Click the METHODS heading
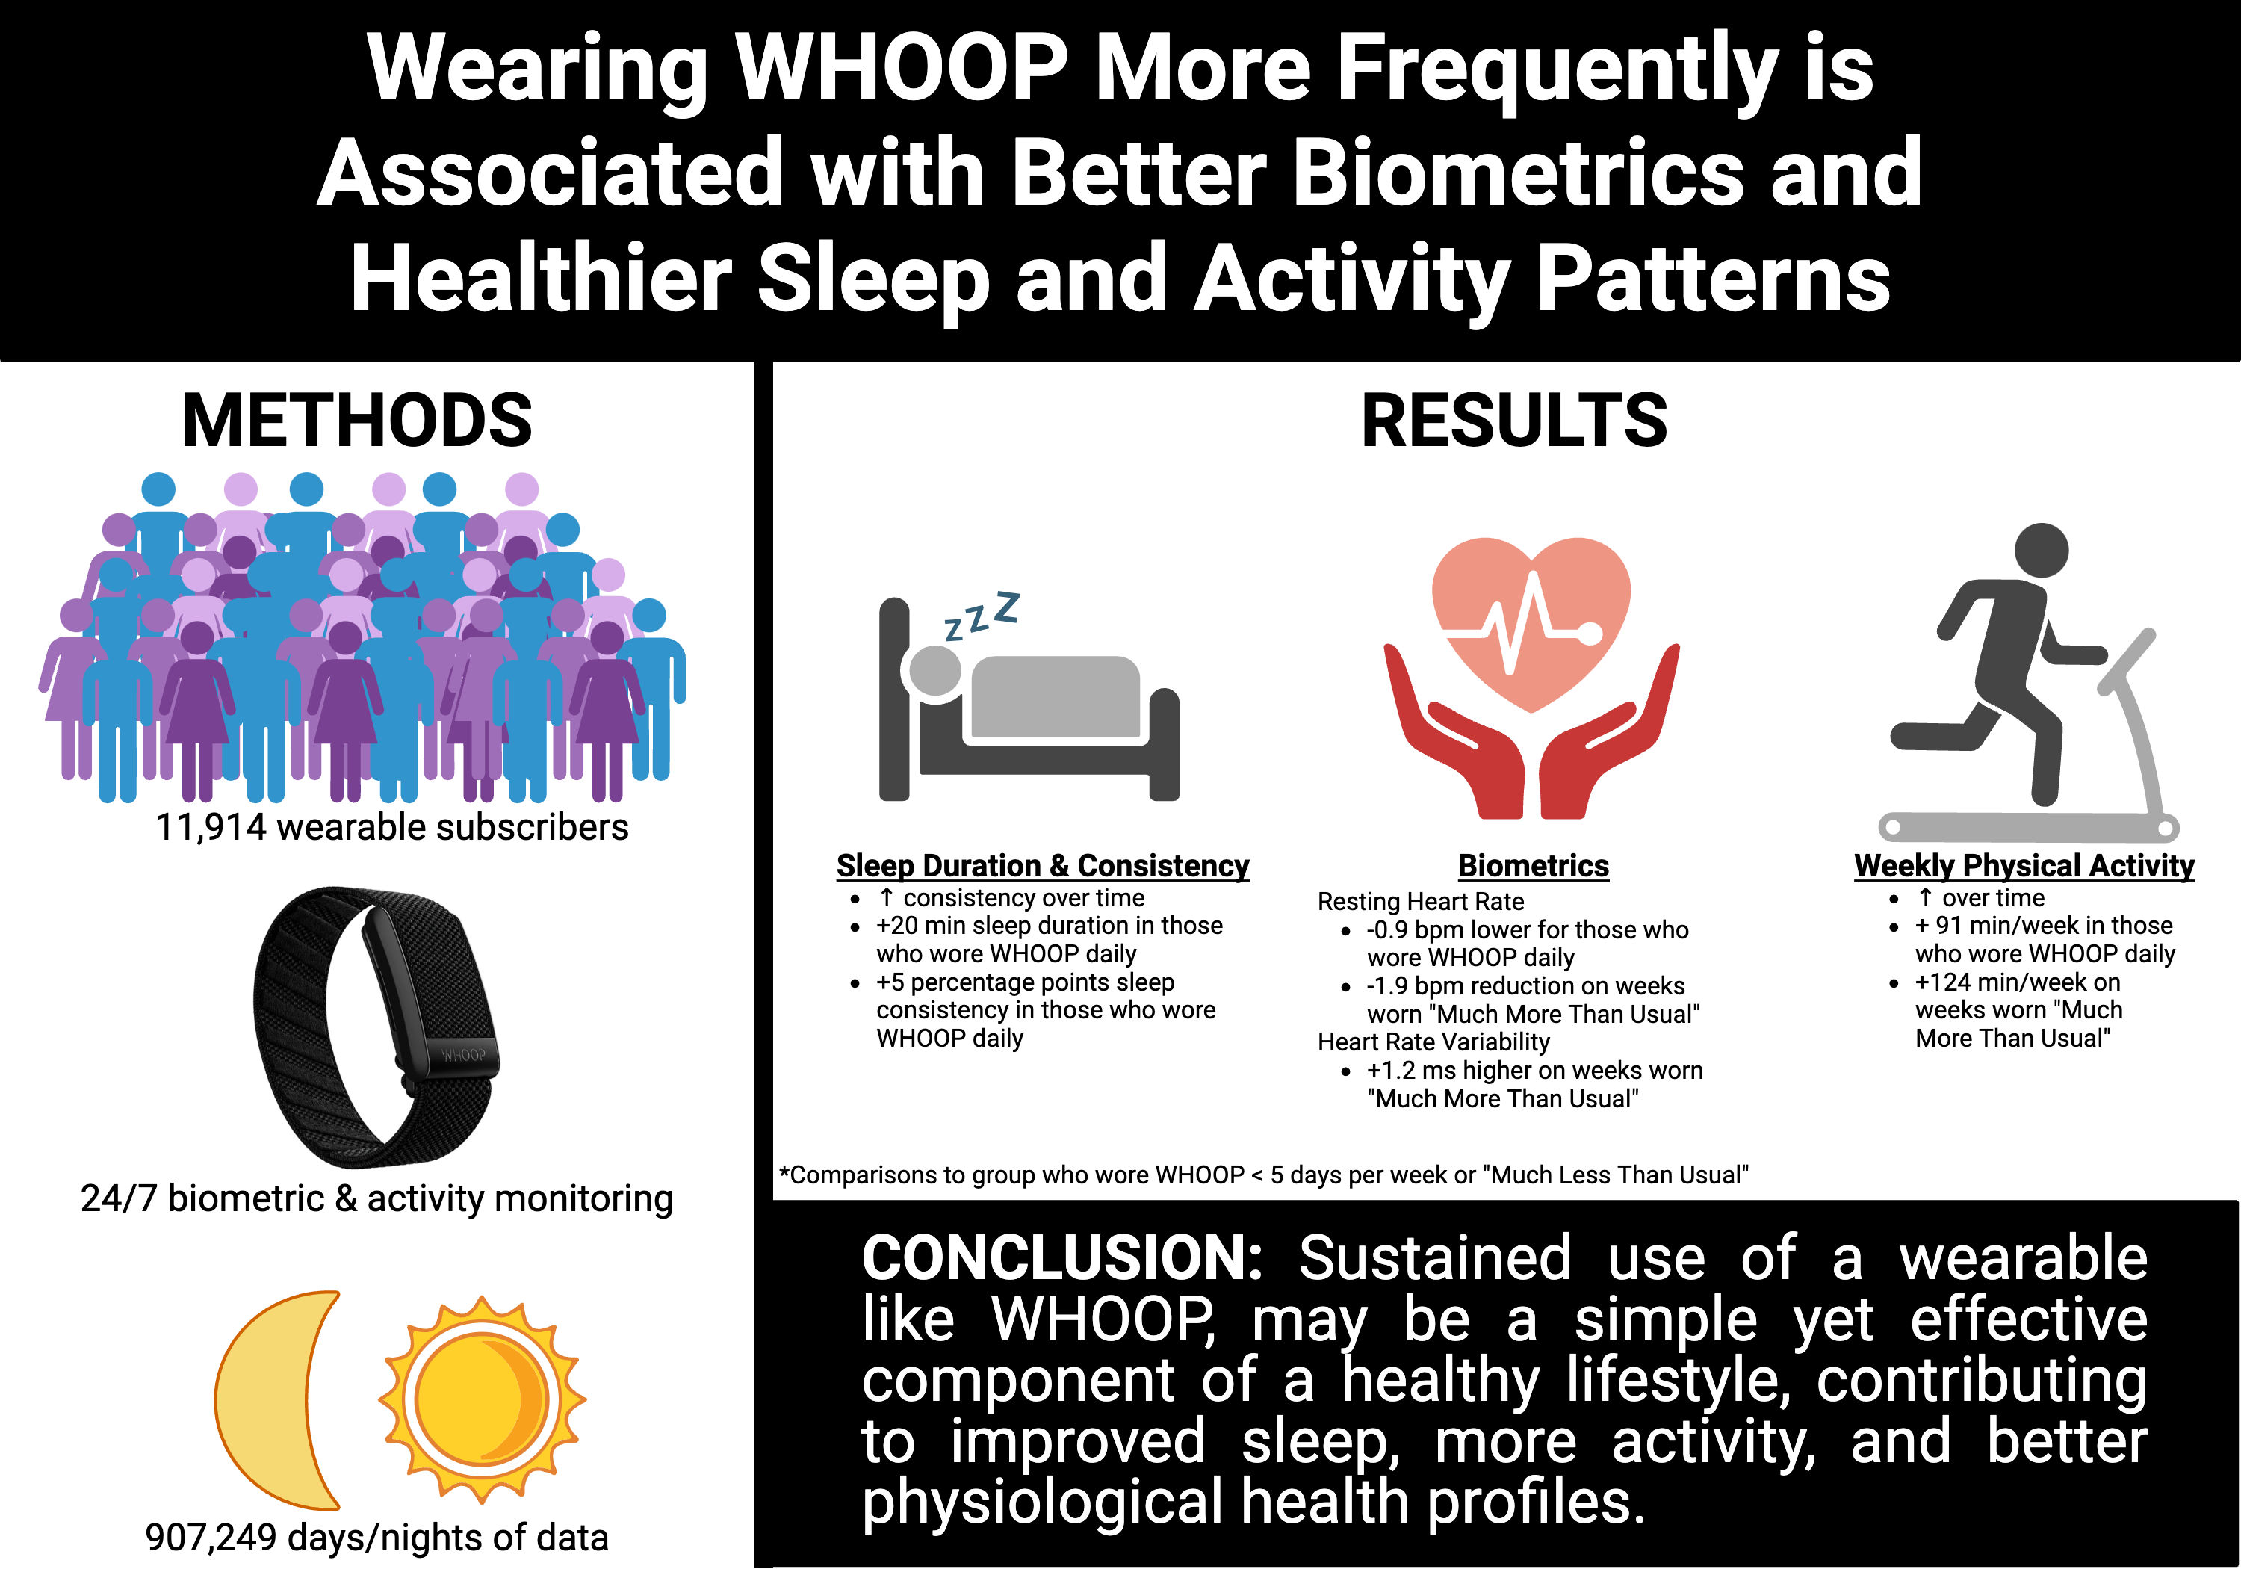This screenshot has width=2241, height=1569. (x=357, y=421)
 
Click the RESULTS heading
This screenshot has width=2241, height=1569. (x=1514, y=421)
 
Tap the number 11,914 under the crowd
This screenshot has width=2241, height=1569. (x=211, y=827)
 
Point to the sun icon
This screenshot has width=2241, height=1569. (x=482, y=1399)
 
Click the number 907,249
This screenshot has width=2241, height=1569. (x=211, y=1537)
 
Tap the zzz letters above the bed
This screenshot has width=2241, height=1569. (x=982, y=616)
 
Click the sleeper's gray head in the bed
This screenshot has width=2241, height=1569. (x=935, y=671)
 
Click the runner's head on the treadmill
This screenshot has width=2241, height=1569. (x=2041, y=550)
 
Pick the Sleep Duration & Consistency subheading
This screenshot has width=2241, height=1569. (x=1042, y=865)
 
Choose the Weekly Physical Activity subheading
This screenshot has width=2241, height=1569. (x=2024, y=865)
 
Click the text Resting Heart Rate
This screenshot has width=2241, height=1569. (x=1420, y=901)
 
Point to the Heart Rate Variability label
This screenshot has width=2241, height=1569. (x=1433, y=1042)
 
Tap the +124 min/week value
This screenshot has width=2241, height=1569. (x=2018, y=982)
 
